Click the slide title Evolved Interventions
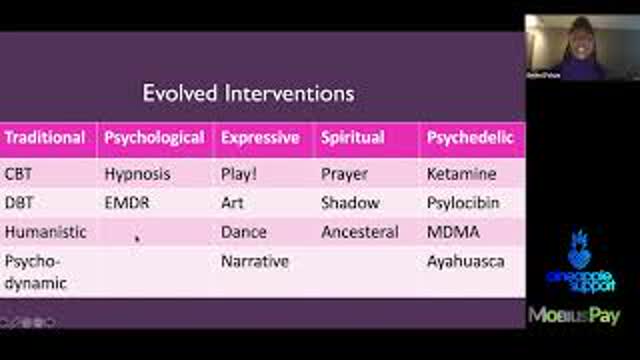point(248,94)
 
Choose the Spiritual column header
point(352,138)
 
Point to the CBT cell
point(20,174)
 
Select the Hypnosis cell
point(137,174)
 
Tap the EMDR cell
point(127,203)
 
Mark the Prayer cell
point(344,174)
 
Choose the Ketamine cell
point(461,174)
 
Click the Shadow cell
point(350,203)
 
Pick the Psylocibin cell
point(463,203)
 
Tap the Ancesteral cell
point(360,232)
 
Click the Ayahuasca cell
point(466,262)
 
